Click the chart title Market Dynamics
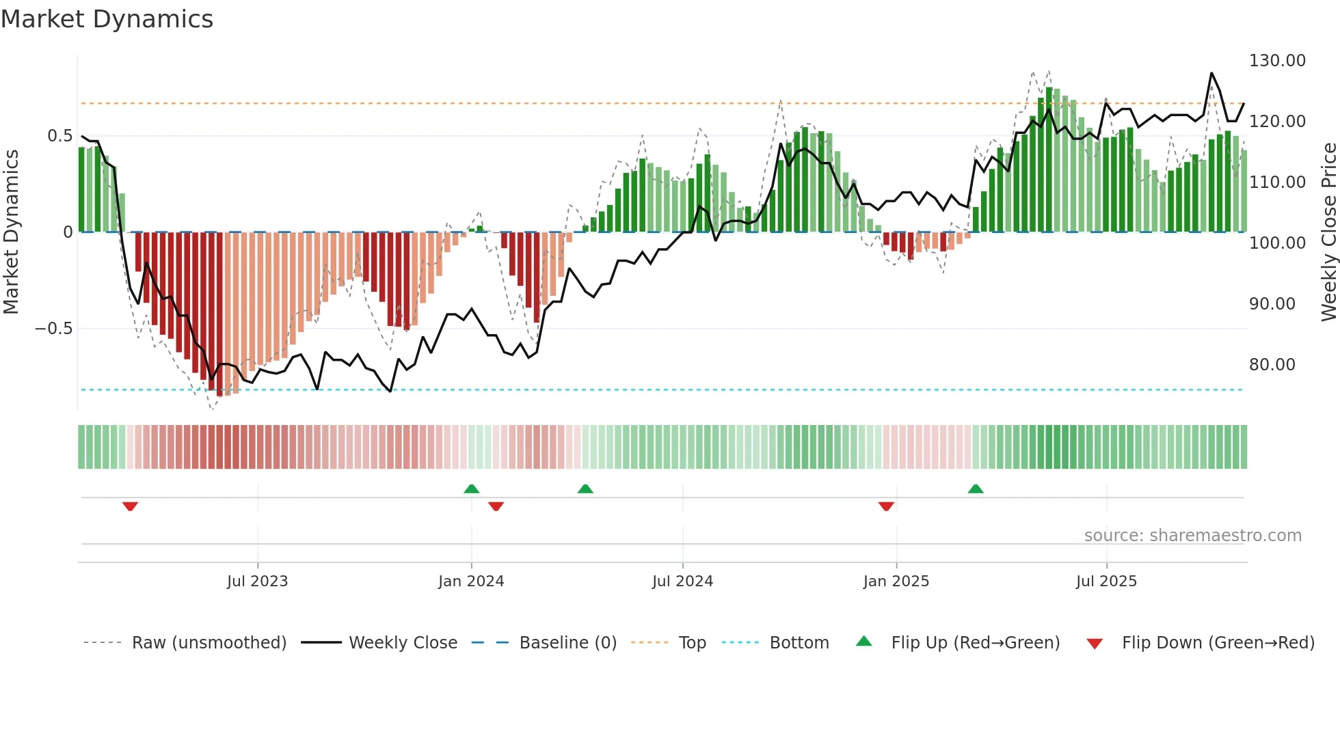pyautogui.click(x=107, y=19)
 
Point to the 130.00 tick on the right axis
pyautogui.click(x=1276, y=61)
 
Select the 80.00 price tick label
pyautogui.click(x=1272, y=365)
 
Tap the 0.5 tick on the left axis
pyautogui.click(x=59, y=136)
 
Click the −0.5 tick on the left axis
pyautogui.click(x=53, y=329)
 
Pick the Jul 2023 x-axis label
pyautogui.click(x=257, y=581)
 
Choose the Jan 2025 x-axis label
pyautogui.click(x=896, y=581)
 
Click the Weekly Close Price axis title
pyautogui.click(x=1328, y=232)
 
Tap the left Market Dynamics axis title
pyautogui.click(x=11, y=232)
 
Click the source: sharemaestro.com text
pyautogui.click(x=1192, y=536)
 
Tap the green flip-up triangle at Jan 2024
pyautogui.click(x=471, y=489)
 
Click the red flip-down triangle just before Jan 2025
pyautogui.click(x=886, y=506)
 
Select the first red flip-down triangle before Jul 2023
pyautogui.click(x=130, y=506)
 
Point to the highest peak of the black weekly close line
pyautogui.click(x=1211, y=73)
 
